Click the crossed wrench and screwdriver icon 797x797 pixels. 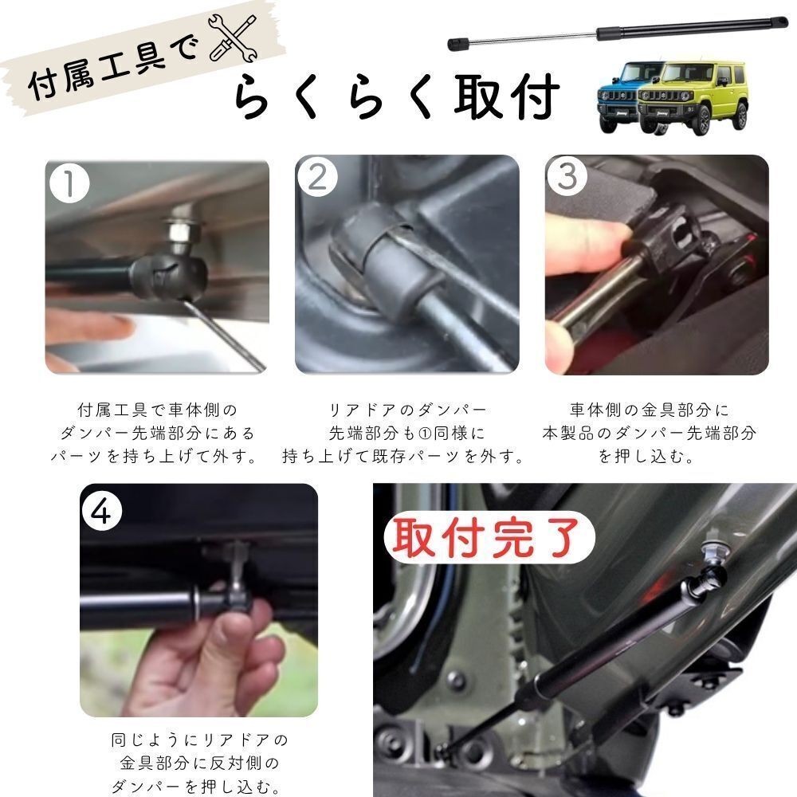pyautogui.click(x=233, y=38)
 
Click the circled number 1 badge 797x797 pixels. pyautogui.click(x=69, y=183)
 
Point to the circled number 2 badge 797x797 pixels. pyautogui.click(x=318, y=177)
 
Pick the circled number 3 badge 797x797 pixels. pyautogui.click(x=567, y=176)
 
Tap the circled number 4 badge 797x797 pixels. pyautogui.click(x=102, y=511)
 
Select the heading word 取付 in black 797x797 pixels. pyautogui.click(x=506, y=96)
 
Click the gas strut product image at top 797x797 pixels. pyautogui.click(x=618, y=32)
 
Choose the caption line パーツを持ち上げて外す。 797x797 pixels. pyautogui.click(x=155, y=456)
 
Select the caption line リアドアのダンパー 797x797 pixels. pyautogui.click(x=407, y=410)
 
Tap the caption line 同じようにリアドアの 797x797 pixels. pyautogui.click(x=199, y=740)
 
